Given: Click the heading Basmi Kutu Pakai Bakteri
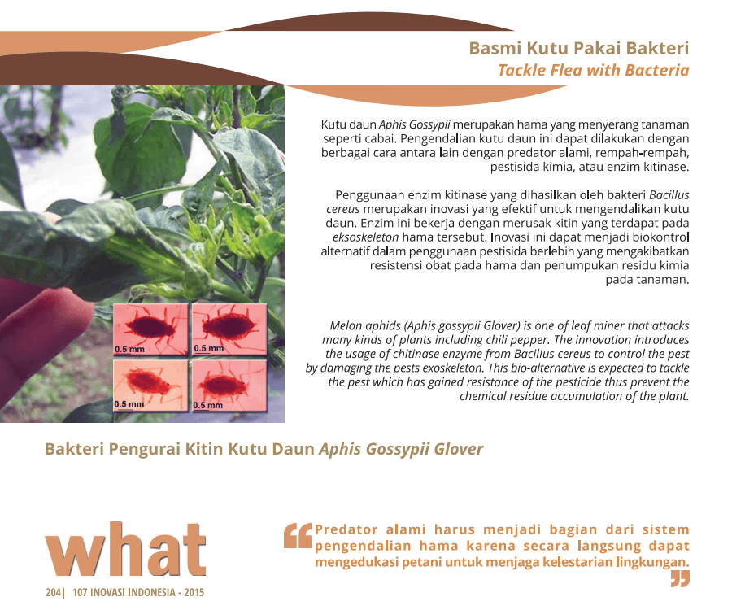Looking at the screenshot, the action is [x=579, y=48].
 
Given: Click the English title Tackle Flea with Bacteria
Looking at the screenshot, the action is [x=594, y=70].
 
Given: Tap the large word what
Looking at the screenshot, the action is [x=125, y=549].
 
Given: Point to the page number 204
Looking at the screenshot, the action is [x=53, y=592].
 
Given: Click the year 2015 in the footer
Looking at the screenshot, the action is [x=194, y=592].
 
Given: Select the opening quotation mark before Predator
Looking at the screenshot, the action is [x=298, y=535].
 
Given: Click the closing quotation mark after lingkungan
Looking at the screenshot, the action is [x=680, y=579].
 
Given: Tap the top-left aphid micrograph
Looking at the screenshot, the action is [x=150, y=329].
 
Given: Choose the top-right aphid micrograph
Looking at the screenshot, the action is [x=229, y=329].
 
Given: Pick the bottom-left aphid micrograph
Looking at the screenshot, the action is [x=150, y=385].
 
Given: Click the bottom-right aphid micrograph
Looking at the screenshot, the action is [x=229, y=385].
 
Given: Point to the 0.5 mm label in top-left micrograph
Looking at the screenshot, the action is [x=129, y=349].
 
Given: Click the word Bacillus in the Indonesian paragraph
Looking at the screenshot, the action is [x=669, y=194].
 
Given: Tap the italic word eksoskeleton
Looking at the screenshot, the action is [x=365, y=237].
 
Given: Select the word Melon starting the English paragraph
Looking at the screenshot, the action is [x=346, y=326].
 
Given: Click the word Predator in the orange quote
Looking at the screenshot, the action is [x=346, y=529].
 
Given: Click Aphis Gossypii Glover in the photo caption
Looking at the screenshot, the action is [x=401, y=449].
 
